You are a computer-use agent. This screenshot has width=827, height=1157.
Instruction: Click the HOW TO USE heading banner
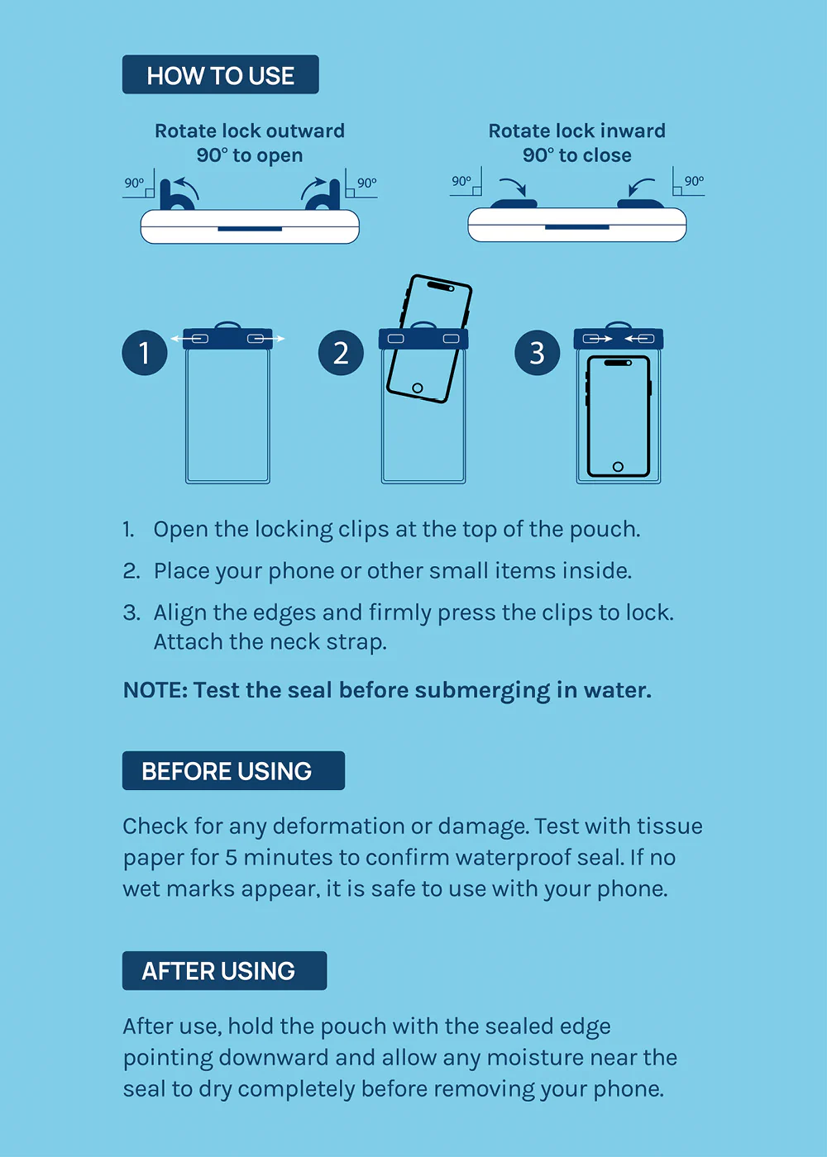(220, 74)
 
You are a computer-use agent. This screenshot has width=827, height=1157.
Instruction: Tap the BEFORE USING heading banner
(233, 770)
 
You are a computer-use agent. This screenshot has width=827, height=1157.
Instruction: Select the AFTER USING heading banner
(224, 970)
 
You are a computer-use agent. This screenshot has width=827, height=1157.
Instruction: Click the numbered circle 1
(144, 353)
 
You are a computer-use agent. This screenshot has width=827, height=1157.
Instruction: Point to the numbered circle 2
(341, 353)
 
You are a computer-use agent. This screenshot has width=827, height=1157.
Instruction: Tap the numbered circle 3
(537, 353)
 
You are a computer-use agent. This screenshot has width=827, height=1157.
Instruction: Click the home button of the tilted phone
(418, 388)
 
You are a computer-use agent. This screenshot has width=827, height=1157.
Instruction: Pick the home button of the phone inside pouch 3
(618, 466)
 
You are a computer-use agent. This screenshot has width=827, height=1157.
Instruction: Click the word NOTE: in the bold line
(155, 690)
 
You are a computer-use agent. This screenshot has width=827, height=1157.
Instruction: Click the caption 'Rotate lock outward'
(250, 131)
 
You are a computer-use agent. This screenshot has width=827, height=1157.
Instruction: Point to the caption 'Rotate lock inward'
(577, 131)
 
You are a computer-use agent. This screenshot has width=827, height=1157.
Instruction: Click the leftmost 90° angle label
(134, 183)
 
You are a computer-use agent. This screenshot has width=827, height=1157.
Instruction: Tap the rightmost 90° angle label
(694, 181)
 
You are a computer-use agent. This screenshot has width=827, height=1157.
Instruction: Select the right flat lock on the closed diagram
(640, 203)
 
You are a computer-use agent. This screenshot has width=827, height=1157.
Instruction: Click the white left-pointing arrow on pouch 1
(183, 339)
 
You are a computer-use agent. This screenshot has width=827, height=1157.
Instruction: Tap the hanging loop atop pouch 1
(227, 325)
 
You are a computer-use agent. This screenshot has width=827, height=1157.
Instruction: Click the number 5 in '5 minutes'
(231, 858)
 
